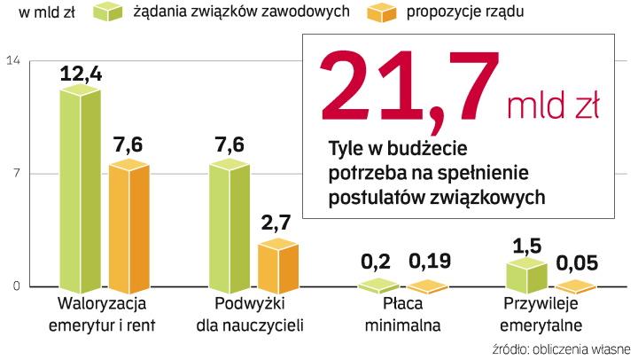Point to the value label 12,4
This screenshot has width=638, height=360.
[x=82, y=74]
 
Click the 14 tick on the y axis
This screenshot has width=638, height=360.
[x=13, y=60]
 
